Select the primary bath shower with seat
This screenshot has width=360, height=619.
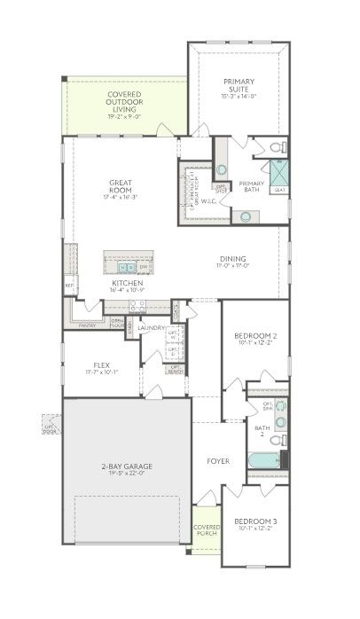coord(278,175)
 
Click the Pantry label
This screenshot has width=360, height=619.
coord(87,325)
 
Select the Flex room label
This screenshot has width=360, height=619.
coord(102,367)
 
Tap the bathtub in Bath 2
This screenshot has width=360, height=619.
coord(263,461)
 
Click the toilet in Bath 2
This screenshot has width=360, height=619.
coord(278,439)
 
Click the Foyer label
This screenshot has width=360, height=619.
coord(218,461)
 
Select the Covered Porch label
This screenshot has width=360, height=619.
coord(206,531)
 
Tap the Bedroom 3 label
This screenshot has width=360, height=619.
coord(255,524)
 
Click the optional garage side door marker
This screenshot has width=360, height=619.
coord(50,429)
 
